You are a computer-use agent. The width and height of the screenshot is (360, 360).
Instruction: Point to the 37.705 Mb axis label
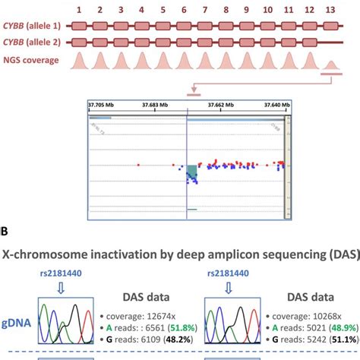(x=100, y=104)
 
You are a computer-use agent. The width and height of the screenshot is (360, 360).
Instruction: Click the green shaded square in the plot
(x=192, y=173)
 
